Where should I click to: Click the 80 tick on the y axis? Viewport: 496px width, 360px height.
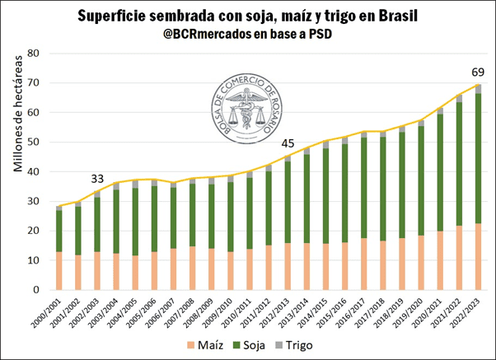pyautogui.click(x=35, y=54)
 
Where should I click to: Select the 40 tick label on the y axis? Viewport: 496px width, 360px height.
pyautogui.click(x=35, y=172)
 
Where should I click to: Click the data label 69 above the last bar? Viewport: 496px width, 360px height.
pyautogui.click(x=477, y=71)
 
